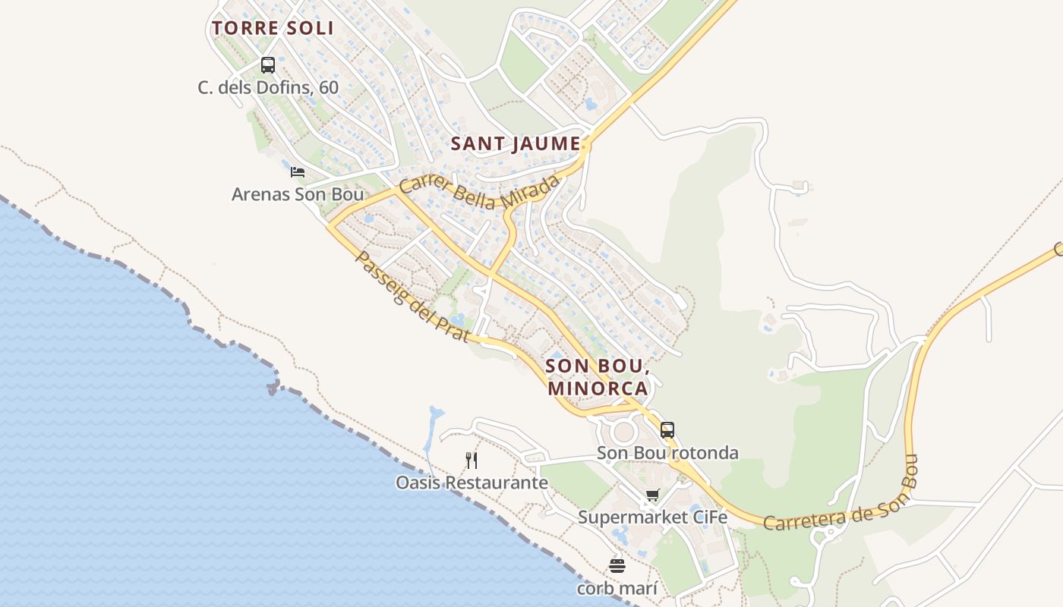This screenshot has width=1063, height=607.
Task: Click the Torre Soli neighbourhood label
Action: click(x=273, y=29)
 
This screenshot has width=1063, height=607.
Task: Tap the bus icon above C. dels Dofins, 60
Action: click(x=268, y=65)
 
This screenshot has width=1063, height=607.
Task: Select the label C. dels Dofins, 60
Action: click(x=268, y=87)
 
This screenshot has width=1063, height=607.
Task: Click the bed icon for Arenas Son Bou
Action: click(x=298, y=172)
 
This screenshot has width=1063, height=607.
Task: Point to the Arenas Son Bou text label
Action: click(x=298, y=194)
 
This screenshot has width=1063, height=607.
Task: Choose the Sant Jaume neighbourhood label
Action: click(x=516, y=143)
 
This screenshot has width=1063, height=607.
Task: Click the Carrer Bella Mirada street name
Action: click(x=480, y=193)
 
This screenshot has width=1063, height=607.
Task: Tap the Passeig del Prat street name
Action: click(x=411, y=297)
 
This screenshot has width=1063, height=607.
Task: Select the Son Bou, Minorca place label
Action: click(x=597, y=377)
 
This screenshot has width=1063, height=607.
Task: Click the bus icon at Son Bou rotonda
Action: click(x=667, y=430)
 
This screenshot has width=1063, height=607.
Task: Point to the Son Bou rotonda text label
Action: click(x=667, y=453)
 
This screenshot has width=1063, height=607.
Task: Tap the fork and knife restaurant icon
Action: click(x=472, y=460)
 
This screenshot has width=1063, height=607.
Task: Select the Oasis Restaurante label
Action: click(x=472, y=483)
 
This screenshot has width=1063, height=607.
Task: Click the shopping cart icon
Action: click(x=652, y=495)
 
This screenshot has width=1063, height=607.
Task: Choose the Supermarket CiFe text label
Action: click(x=652, y=517)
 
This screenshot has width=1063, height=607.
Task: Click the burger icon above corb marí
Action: click(x=617, y=566)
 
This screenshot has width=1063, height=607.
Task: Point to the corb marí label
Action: click(x=617, y=588)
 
